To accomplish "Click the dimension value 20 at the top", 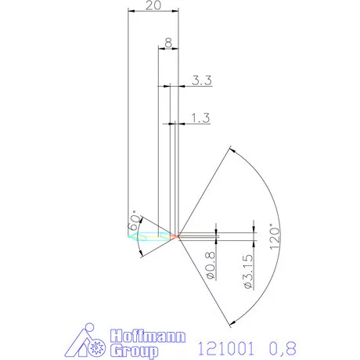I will click(154, 5).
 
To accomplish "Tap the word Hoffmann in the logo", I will click(149, 335).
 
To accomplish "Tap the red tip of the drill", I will click(176, 235).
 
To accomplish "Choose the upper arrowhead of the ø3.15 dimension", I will click(254, 228).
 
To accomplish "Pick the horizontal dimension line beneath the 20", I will click(153, 12).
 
